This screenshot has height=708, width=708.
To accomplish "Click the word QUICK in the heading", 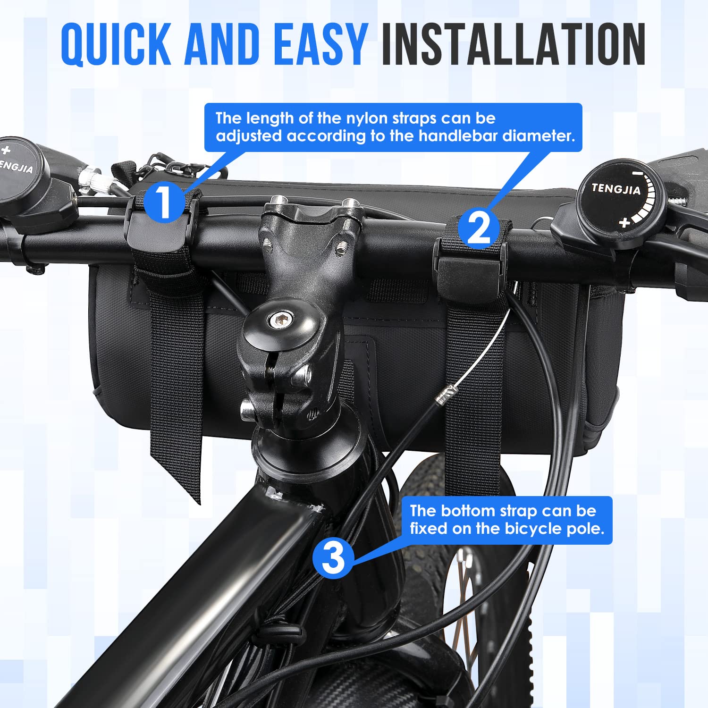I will (x=116, y=45).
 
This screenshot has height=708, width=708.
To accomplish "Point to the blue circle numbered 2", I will (x=479, y=228).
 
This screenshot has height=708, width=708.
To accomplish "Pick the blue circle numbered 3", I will (x=333, y=557).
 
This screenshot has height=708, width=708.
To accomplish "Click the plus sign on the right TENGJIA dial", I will (x=624, y=222).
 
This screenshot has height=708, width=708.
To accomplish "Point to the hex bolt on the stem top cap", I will (x=279, y=321).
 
